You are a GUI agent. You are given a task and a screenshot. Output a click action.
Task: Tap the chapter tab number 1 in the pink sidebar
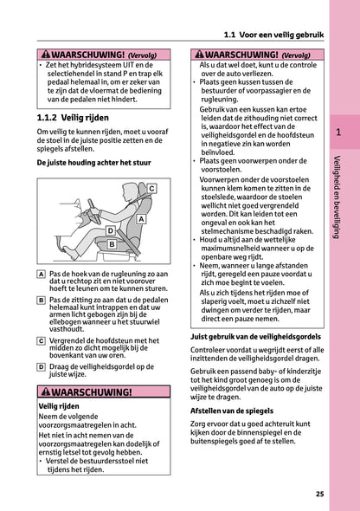click(338, 133)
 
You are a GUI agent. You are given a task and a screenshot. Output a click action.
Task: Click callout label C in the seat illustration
click(150, 188)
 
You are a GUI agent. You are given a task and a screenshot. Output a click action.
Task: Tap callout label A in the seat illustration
click(141, 219)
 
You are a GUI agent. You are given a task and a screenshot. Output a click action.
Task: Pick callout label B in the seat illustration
click(112, 245)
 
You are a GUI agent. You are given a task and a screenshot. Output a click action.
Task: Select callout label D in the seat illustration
click(110, 231)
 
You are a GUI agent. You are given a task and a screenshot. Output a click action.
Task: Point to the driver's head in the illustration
click(130, 193)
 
